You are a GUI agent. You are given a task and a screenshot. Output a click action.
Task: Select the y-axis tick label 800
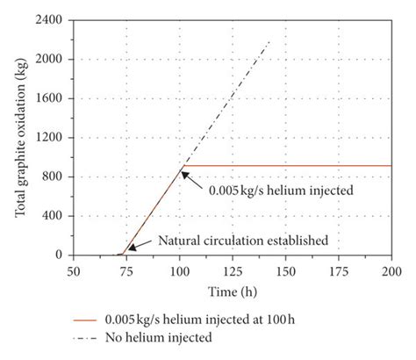pos(55,176)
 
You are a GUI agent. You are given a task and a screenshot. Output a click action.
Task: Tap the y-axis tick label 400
pos(55,216)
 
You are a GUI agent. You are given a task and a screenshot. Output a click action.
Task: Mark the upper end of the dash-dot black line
pos(269,40)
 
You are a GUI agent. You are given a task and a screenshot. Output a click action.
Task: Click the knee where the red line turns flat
pos(182,165)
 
